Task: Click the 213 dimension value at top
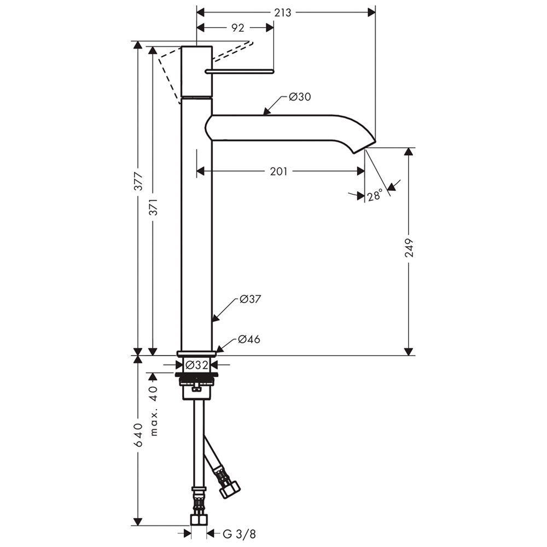click(282, 13)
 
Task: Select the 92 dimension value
click(237, 28)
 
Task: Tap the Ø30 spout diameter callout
click(300, 97)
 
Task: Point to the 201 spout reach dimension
click(278, 171)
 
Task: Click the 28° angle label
click(374, 195)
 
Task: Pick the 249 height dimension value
click(409, 248)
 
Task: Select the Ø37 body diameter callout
click(250, 299)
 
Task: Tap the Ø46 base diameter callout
click(249, 339)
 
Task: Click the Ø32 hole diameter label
click(197, 365)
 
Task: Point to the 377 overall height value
click(138, 182)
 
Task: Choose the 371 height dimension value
click(154, 207)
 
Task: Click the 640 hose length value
click(138, 435)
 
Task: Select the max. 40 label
click(154, 411)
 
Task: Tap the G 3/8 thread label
click(239, 534)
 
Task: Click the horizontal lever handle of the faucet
click(240, 72)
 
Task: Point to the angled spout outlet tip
click(364, 147)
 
